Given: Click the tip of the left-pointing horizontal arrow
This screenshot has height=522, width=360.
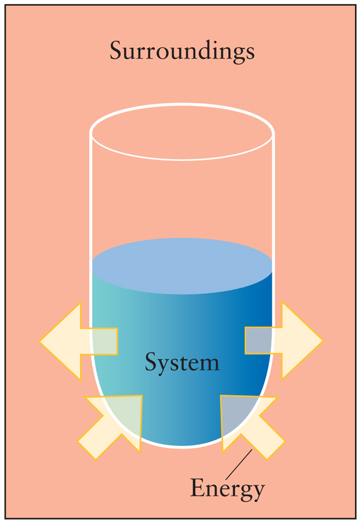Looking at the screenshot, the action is pyautogui.click(x=39, y=341).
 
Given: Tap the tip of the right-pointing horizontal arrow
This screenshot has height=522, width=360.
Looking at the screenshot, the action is pyautogui.click(x=323, y=340).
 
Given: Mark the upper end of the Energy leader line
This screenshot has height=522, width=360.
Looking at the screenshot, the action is pyautogui.click(x=252, y=449).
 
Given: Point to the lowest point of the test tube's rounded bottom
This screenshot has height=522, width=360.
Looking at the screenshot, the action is pyautogui.click(x=183, y=448).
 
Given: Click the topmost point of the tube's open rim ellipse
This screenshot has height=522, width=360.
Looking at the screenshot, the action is pyautogui.click(x=183, y=104).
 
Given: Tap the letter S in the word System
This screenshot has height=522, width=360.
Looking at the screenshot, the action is pyautogui.click(x=151, y=361).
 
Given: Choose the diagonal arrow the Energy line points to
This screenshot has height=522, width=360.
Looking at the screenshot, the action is pyautogui.click(x=253, y=427).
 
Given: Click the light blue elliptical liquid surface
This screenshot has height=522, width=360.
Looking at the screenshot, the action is pyautogui.click(x=183, y=266).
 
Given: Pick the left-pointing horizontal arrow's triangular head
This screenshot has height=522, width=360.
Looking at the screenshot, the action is pyautogui.click(x=60, y=341).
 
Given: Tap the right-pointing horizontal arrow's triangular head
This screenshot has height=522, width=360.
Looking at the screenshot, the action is pyautogui.click(x=303, y=340).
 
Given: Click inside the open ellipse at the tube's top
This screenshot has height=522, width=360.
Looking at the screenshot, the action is pyautogui.click(x=183, y=132).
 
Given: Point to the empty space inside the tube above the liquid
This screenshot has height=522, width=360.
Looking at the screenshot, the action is pyautogui.click(x=183, y=200).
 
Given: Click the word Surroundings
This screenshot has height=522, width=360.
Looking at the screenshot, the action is pyautogui.click(x=183, y=52).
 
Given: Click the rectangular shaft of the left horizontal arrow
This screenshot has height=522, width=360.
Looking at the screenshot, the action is pyautogui.click(x=99, y=341).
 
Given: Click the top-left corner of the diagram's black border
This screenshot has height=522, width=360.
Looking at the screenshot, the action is pyautogui.click(x=5, y=4).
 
